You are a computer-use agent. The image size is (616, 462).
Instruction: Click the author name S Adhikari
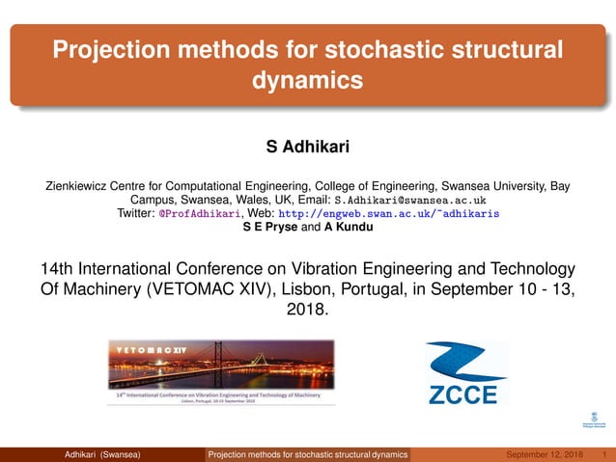tap(307, 148)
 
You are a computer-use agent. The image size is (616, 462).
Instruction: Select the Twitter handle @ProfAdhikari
tap(202, 214)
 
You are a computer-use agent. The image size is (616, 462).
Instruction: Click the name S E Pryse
tap(273, 228)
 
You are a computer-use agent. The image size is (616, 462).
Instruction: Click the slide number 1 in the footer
tap(602, 454)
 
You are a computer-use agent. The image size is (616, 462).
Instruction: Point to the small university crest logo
tap(593, 420)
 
